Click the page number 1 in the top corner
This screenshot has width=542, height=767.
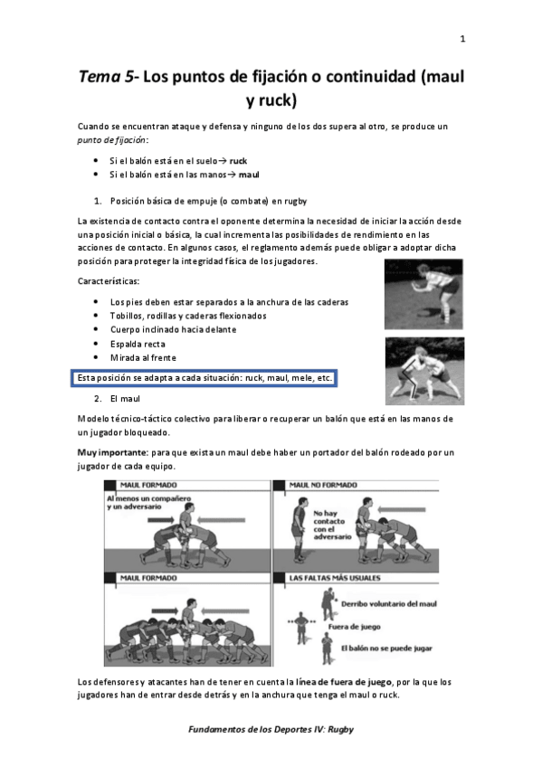462,39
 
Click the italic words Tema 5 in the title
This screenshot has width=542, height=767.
108,77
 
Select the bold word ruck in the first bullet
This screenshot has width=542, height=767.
238,159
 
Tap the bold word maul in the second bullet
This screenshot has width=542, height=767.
237,174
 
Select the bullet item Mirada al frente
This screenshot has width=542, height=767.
143,358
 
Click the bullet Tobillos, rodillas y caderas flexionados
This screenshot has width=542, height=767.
187,316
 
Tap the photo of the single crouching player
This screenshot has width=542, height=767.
423,294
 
